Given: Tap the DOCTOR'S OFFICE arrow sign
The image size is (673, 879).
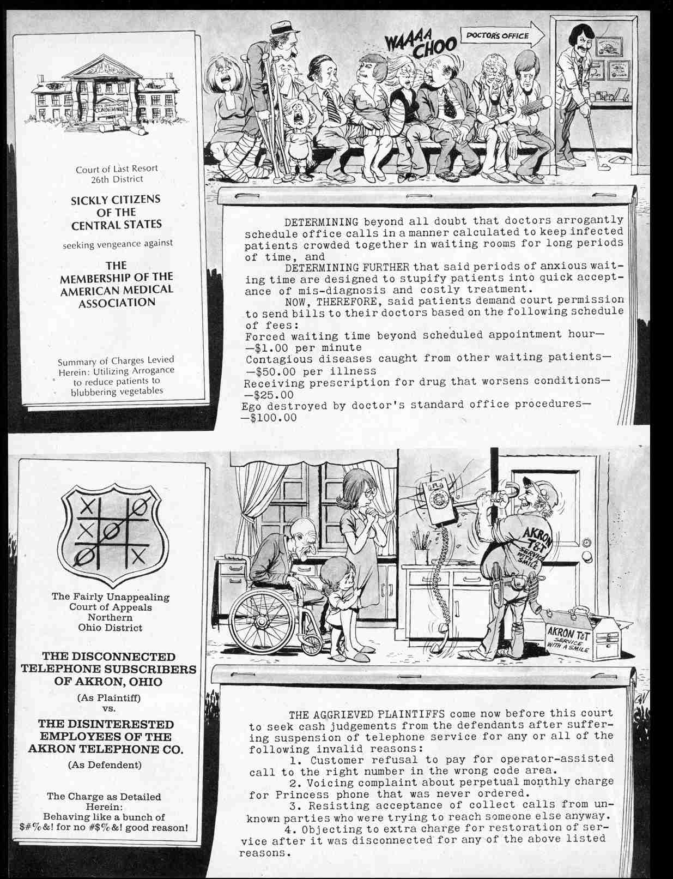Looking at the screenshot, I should pos(500,36).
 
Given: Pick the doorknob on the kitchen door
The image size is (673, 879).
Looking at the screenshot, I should pos(587,556).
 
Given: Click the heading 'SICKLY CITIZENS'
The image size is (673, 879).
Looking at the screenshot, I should pos(116,200).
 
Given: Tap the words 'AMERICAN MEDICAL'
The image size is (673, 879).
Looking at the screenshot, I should pos(116,290).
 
